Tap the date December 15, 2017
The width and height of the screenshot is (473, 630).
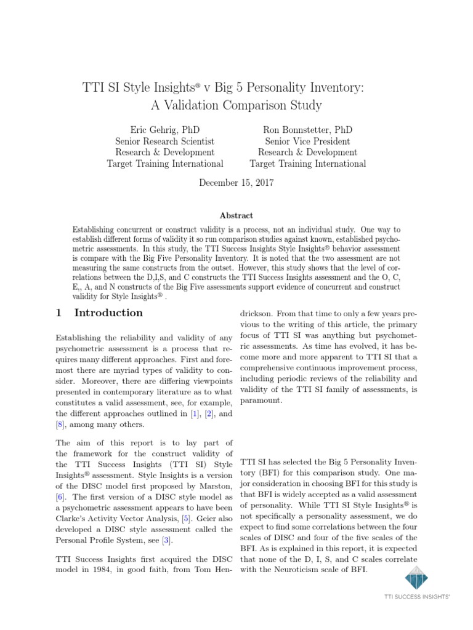[236, 183]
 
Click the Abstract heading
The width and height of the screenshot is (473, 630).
[236, 215]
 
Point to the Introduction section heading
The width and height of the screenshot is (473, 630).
[108, 313]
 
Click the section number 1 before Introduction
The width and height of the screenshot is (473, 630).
[59, 313]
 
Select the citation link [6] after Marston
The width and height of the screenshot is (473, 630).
[60, 496]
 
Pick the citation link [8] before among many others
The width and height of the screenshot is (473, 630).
[60, 424]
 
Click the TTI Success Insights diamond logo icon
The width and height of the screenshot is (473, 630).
[416, 579]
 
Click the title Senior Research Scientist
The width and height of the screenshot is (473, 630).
[164, 141]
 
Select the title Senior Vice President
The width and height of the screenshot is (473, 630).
[307, 141]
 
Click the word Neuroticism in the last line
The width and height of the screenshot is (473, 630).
[282, 569]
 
